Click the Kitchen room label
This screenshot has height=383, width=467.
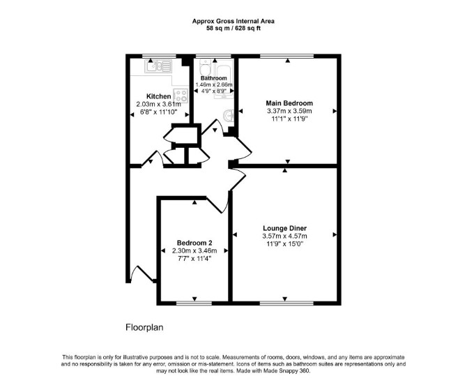[159, 96]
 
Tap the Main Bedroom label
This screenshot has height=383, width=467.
[289, 103]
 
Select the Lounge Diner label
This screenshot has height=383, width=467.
[284, 228]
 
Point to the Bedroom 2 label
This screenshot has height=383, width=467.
[194, 243]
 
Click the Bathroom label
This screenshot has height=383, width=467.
[213, 78]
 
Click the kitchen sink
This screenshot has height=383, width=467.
[158, 66]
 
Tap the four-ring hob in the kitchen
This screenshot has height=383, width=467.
[181, 96]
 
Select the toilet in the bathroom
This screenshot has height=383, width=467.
[205, 68]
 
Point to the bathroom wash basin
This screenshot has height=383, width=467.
[229, 115]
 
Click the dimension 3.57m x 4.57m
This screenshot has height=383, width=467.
[284, 236]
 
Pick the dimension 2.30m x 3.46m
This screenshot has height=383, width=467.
[194, 251]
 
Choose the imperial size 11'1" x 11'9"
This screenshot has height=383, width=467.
[289, 119]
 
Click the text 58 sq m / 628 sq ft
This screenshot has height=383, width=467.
[233, 29]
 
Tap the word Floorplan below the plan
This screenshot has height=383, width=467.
[144, 327]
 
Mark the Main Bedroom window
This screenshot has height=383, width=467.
[286, 56]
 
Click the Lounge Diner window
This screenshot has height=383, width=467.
[286, 303]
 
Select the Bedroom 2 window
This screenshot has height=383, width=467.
[194, 303]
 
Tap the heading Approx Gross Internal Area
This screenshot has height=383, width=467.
[233, 21]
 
